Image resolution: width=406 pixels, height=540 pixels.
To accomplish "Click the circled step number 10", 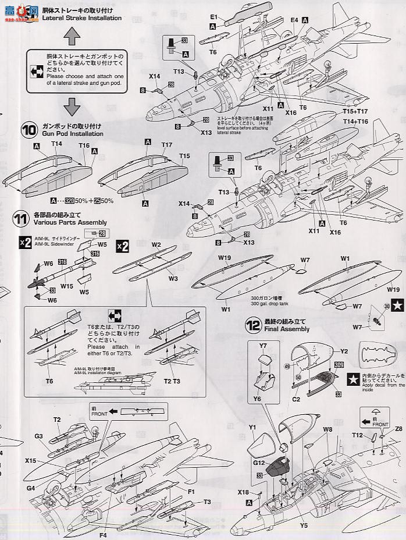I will tap(29, 129).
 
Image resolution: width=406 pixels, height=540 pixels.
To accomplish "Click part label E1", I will tap(213, 17).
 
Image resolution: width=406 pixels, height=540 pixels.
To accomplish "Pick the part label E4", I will tap(294, 20).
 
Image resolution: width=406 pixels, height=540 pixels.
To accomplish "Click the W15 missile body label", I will tap(66, 286).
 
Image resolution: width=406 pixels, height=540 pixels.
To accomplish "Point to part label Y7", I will tap(263, 346).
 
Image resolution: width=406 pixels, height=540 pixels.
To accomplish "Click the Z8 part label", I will tap(398, 429).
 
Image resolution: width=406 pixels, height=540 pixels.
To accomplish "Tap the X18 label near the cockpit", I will tap(243, 492).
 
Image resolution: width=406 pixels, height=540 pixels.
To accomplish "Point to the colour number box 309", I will tap(339, 365).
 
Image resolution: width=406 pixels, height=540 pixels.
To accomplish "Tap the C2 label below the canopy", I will tap(296, 400).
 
